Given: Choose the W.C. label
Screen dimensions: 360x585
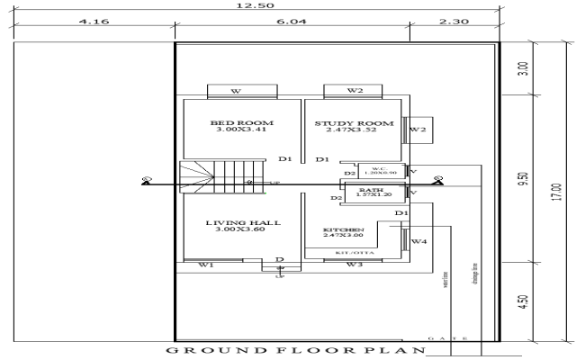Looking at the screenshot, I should [379, 167].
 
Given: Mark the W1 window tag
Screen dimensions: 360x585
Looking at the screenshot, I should [205, 265].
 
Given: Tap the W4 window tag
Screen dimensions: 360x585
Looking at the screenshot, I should [418, 242].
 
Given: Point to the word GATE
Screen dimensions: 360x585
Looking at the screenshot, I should [447, 338].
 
